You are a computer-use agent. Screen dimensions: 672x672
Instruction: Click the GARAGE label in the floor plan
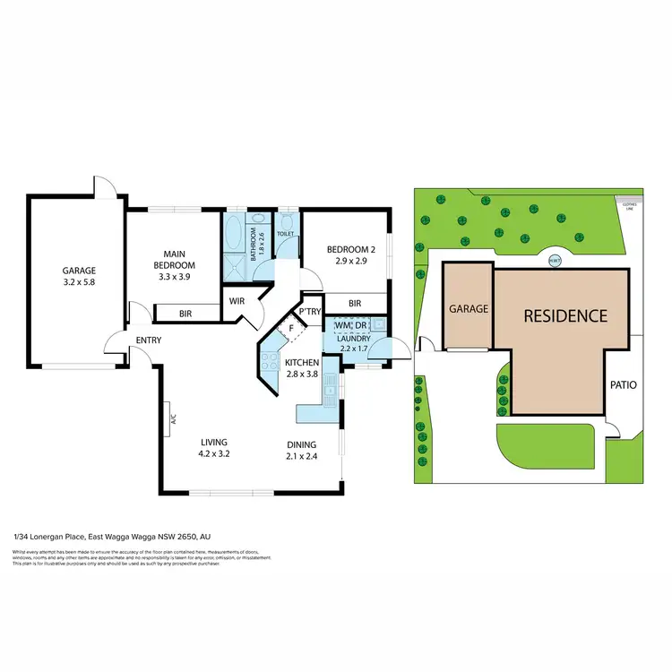tap(79, 270)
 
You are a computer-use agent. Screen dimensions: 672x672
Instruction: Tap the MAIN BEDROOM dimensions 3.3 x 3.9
tap(175, 278)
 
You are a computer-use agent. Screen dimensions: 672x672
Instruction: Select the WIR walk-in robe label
tap(237, 301)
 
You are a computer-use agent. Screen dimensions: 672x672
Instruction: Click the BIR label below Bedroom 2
tap(355, 304)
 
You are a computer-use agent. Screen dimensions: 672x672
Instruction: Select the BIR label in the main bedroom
tap(186, 314)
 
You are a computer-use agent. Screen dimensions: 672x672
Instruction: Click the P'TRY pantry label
tap(311, 312)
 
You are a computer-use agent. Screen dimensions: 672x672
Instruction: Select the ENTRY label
tap(149, 340)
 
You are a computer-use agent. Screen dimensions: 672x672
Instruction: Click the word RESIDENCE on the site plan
tap(565, 315)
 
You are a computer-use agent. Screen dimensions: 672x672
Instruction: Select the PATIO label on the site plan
tap(623, 385)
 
